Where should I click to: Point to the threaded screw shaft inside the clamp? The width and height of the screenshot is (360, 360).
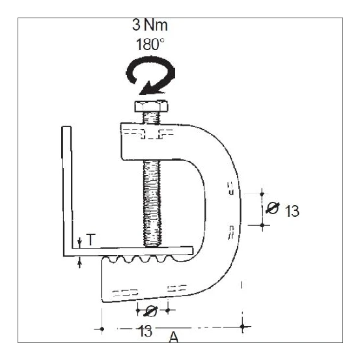[x=154, y=189]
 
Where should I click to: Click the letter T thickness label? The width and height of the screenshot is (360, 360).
[x=90, y=241]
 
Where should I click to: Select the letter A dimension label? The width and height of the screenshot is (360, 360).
[x=173, y=337]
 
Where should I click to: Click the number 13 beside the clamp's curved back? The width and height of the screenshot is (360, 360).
[x=292, y=211]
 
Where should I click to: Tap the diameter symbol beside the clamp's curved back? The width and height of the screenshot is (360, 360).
[x=273, y=208]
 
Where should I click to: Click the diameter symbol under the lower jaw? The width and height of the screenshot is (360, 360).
[x=151, y=310]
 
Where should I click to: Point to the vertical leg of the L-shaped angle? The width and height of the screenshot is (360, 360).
[x=66, y=189]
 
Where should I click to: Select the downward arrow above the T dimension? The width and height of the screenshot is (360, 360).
[x=79, y=242]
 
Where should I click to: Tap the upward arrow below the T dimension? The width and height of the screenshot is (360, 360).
[x=79, y=262]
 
